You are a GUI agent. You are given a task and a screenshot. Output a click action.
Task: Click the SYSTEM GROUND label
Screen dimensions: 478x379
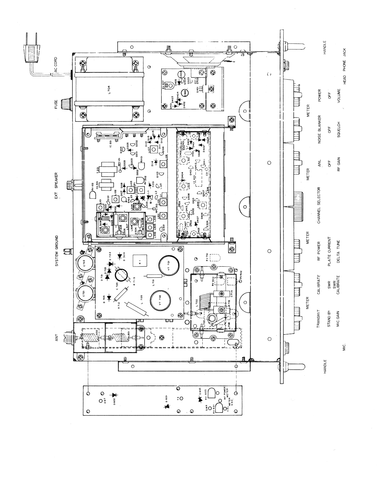point(56,251)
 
